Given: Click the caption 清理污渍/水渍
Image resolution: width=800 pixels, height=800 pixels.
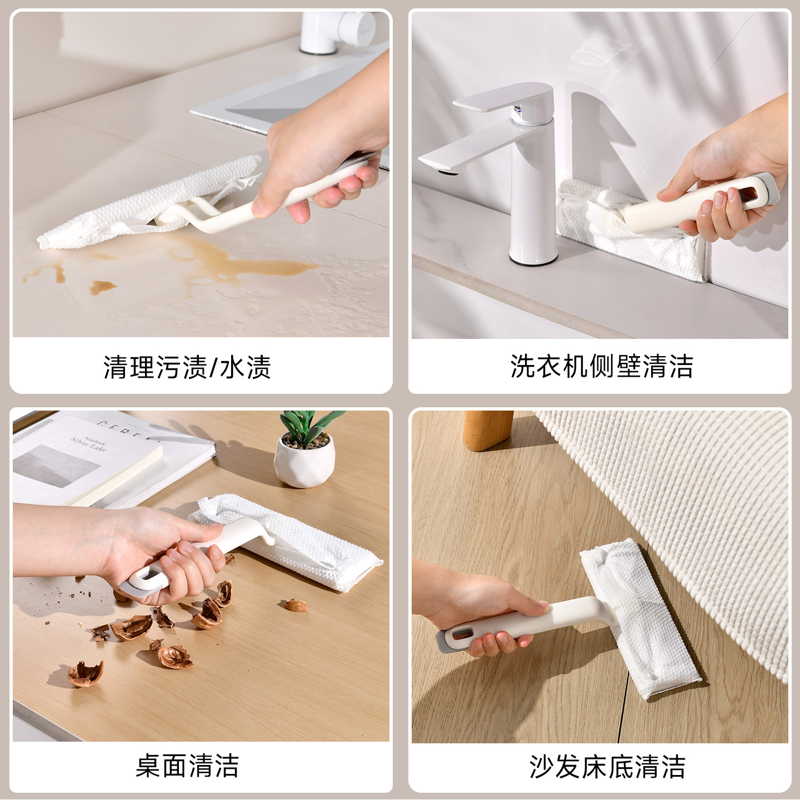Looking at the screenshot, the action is tap(187, 367).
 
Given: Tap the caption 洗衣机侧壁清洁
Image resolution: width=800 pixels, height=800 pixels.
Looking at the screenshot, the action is tap(602, 366).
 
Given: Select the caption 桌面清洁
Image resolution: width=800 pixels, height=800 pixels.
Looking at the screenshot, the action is tap(187, 766).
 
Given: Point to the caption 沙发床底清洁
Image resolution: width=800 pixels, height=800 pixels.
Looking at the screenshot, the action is tap(607, 766).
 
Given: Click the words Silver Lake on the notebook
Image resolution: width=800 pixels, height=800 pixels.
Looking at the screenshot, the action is tap(88, 444).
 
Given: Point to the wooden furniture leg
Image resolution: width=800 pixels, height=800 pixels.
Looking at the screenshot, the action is tap(488, 430).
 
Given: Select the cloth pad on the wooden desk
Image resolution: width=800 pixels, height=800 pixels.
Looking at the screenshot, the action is tap(287, 542).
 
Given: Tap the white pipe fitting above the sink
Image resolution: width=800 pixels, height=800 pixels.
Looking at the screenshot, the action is tap(337, 32).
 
